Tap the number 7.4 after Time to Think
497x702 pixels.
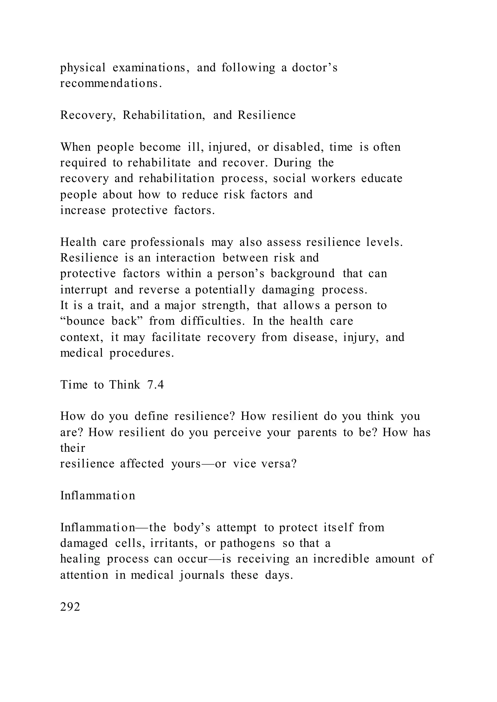(156, 385)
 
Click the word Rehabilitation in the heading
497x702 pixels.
(164, 115)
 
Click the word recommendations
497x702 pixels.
(111, 83)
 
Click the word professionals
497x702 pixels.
(168, 242)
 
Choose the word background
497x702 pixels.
(303, 273)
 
